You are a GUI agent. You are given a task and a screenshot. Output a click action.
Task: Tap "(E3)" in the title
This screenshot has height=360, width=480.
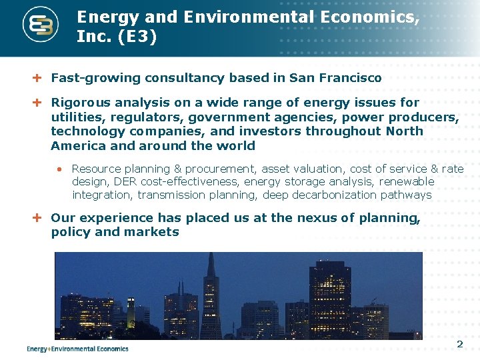[x=137, y=37]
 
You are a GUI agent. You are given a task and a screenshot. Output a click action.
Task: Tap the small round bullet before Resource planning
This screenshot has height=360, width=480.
[x=59, y=169]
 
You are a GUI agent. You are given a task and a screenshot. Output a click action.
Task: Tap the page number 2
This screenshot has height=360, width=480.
[x=459, y=345]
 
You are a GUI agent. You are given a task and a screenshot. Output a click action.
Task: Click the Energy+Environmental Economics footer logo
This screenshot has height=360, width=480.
[x=77, y=348]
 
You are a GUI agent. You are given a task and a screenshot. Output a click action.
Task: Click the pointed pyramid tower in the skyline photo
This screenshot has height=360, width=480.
[x=211, y=300]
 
